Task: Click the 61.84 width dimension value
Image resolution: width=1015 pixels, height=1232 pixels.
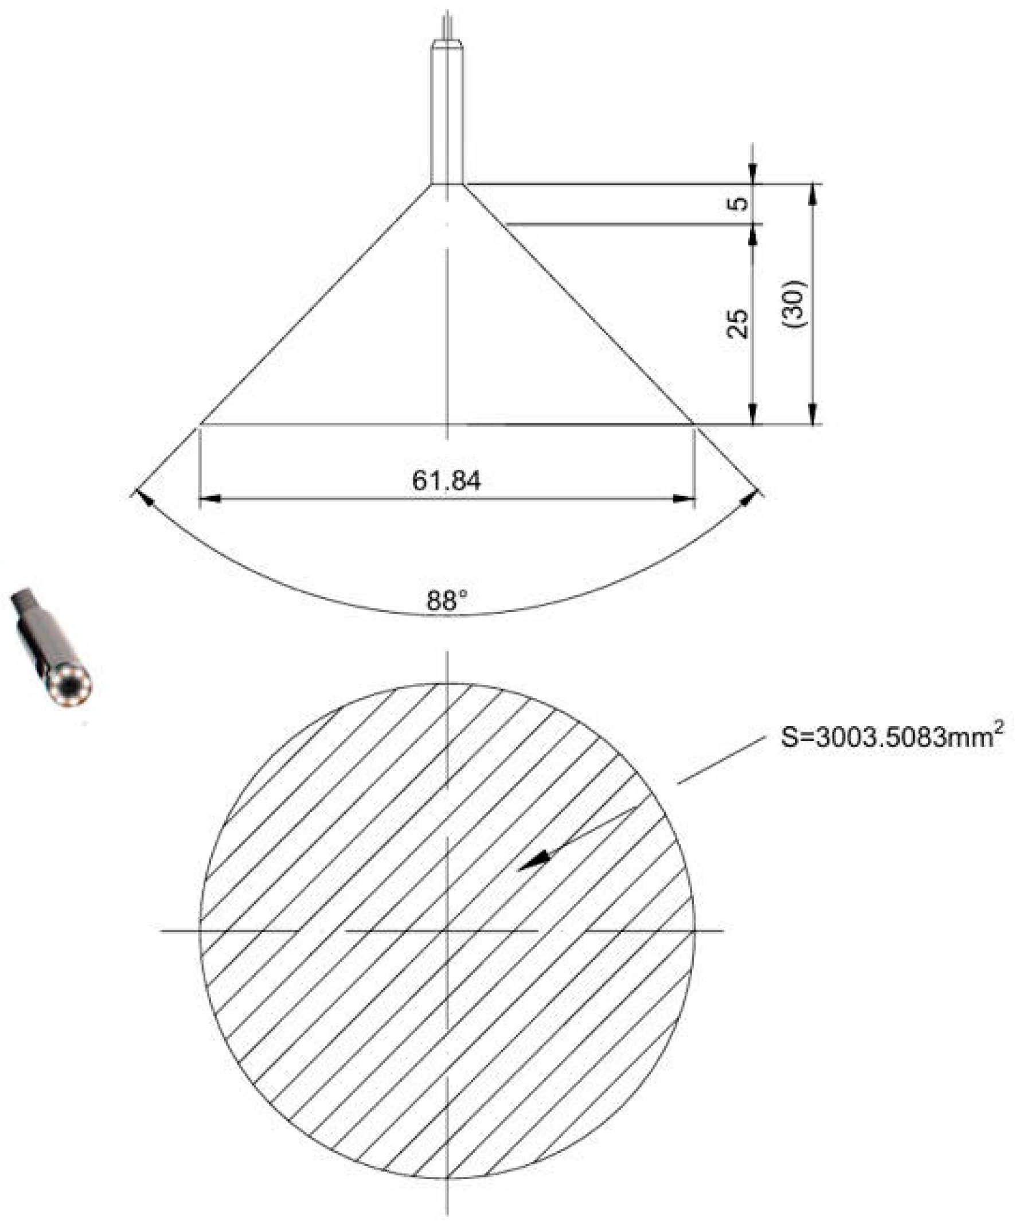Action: pyautogui.click(x=446, y=481)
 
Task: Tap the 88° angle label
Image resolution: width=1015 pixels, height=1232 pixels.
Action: pyautogui.click(x=447, y=601)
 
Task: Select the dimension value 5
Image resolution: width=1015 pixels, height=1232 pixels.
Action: pyautogui.click(x=740, y=204)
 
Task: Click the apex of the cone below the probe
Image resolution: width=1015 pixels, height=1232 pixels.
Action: pyautogui.click(x=447, y=185)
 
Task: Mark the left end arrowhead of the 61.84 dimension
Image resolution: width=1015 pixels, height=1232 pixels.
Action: pyautogui.click(x=209, y=499)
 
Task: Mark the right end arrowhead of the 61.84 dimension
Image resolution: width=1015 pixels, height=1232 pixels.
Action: pyautogui.click(x=685, y=499)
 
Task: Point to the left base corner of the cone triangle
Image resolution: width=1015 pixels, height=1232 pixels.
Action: pyautogui.click(x=200, y=425)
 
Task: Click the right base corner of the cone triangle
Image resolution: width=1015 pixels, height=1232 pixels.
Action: pyautogui.click(x=694, y=425)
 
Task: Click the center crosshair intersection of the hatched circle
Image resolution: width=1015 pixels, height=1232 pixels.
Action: pyautogui.click(x=447, y=929)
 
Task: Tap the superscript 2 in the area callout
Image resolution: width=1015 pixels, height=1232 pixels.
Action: pyautogui.click(x=999, y=727)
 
